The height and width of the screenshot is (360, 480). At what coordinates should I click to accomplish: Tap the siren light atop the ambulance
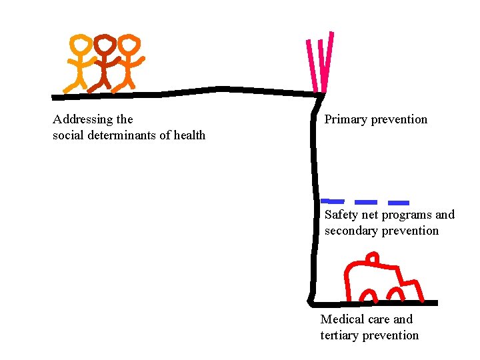[x=373, y=257]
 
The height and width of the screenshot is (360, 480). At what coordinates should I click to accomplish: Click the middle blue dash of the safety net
[x=365, y=201]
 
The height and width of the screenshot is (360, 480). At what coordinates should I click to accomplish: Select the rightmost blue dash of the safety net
[x=399, y=202]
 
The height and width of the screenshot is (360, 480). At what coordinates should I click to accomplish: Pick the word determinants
[x=117, y=136]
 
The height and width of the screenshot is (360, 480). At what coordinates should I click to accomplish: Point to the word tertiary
[x=341, y=335]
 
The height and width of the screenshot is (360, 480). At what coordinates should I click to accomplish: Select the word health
[x=189, y=136]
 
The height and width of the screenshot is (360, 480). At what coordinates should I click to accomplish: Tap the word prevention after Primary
[x=399, y=120]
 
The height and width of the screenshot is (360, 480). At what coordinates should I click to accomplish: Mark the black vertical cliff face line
[x=312, y=200]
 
